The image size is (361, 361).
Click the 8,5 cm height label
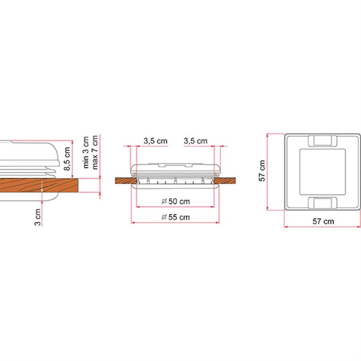pyautogui.click(x=67, y=159)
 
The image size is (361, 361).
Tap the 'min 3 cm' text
pyautogui.click(x=86, y=152)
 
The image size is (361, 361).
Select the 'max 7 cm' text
pyautogui.click(x=95, y=152)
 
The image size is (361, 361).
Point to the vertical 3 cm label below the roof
pyautogui.click(x=38, y=217)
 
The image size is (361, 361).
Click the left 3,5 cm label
pyautogui.click(x=155, y=141)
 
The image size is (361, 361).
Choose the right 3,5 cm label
pyautogui.click(x=195, y=141)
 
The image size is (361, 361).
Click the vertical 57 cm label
pyautogui.click(x=262, y=171)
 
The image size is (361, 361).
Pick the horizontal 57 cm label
pyautogui.click(x=323, y=221)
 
